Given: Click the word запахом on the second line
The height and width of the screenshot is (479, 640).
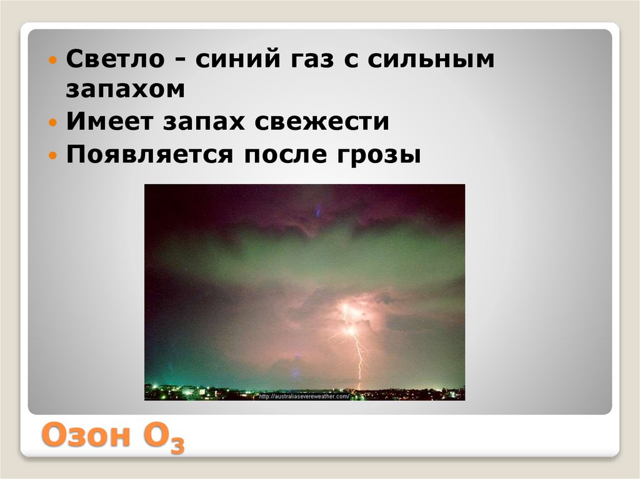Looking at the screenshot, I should coord(126,89).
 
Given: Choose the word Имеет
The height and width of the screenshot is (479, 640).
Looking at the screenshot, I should coord(111,122).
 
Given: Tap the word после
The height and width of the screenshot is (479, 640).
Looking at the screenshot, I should coord(279,154).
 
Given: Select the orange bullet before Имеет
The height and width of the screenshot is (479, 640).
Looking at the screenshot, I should coord(53,122).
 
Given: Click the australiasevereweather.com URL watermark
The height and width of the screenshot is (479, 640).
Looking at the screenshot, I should coord(304,396).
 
